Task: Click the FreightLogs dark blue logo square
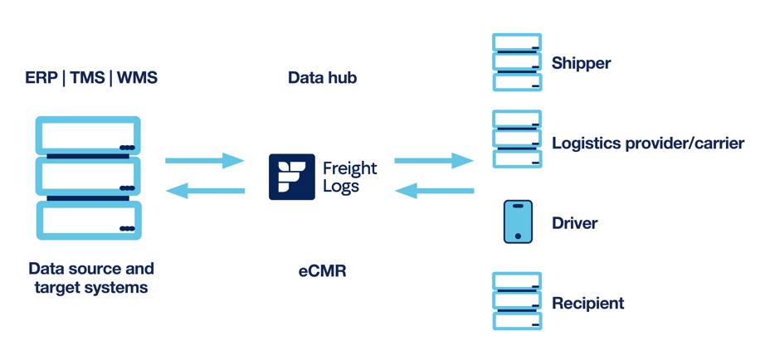pos(291,177)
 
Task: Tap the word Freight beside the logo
pos(349,168)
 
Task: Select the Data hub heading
pos(322,78)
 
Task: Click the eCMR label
pos(322,270)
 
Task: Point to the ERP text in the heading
pos(41,78)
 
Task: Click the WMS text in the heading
pos(137,78)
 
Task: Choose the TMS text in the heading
pos(87,78)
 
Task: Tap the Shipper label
pos(581,63)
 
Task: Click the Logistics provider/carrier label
pos(647,144)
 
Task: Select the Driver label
pos(574,223)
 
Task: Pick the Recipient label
pos(587,303)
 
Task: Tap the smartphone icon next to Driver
pos(518,221)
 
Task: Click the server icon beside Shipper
pos(517,62)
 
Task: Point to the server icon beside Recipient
pos(517,301)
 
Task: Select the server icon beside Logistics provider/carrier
pos(517,139)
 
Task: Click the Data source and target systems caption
pos(91,279)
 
